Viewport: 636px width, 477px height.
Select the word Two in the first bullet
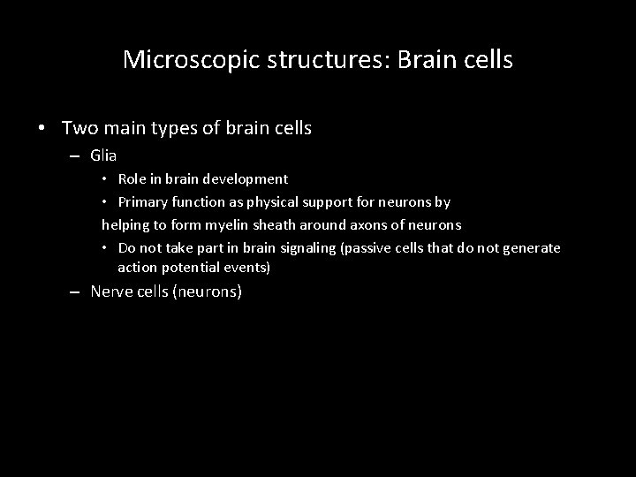point(77,128)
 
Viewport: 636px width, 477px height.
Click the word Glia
point(103,155)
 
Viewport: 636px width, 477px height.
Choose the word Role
point(133,179)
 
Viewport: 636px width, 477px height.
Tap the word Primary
point(145,202)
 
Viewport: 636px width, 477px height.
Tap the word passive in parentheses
point(365,248)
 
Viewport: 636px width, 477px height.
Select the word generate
point(531,248)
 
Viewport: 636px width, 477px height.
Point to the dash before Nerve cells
point(77,291)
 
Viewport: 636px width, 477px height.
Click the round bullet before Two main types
point(42,129)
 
